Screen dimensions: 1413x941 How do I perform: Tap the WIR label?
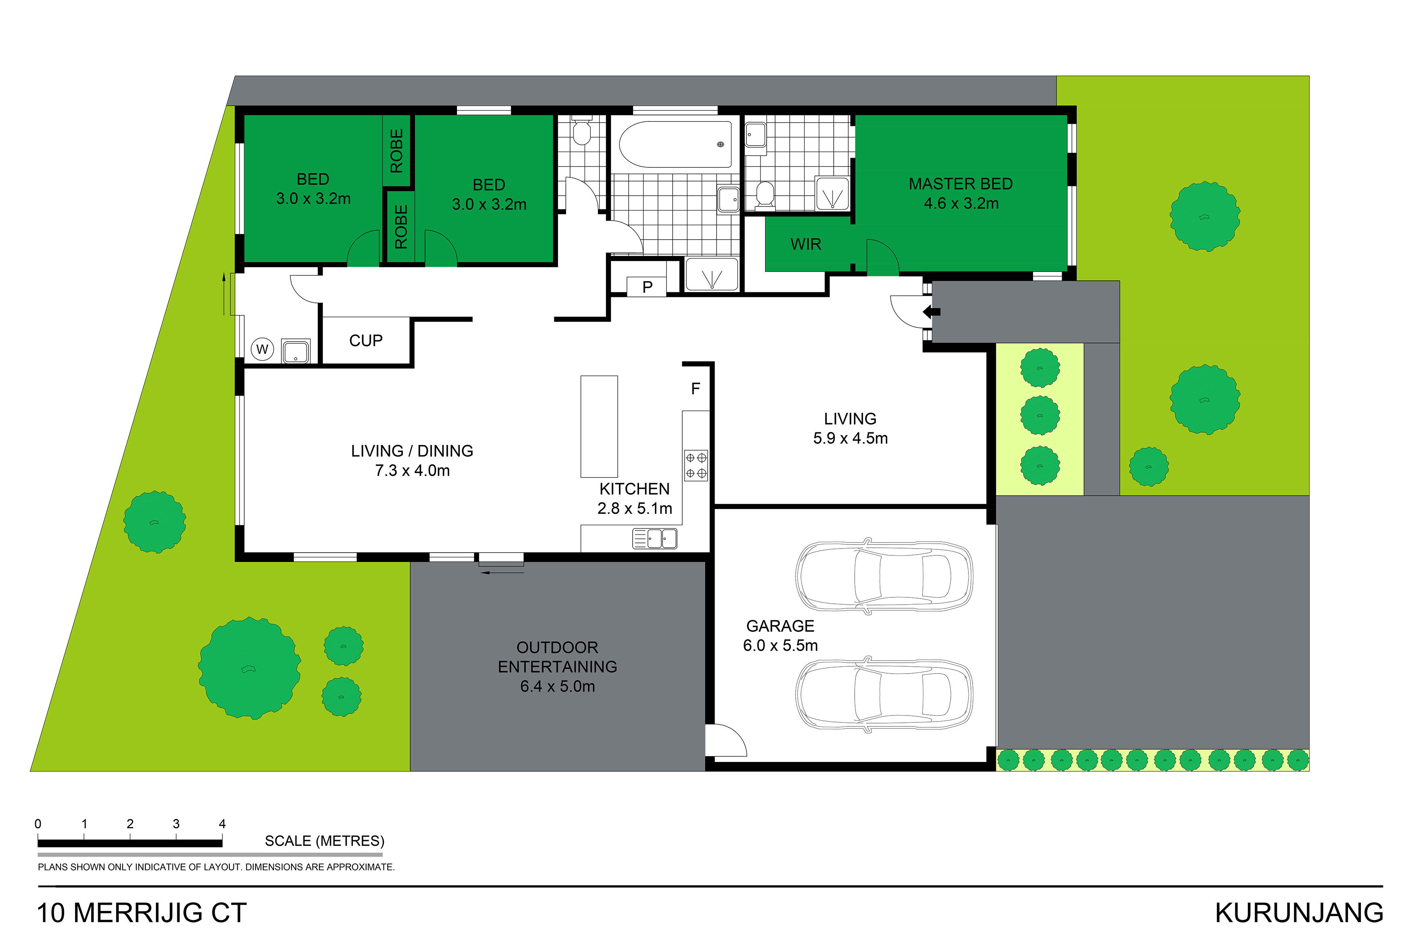coord(805,244)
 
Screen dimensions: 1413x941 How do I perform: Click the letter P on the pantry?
coord(647,287)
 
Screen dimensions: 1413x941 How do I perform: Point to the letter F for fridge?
coord(695,389)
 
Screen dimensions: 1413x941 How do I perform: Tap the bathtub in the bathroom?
coord(675,144)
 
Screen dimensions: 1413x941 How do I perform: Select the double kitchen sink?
coord(654,538)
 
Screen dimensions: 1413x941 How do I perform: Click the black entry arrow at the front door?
coord(931,311)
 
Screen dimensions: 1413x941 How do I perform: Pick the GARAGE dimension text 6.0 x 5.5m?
coord(780,645)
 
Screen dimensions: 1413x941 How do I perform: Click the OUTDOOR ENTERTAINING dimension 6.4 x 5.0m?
coord(557,686)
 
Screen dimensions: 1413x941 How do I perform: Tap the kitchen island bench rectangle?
coord(599,426)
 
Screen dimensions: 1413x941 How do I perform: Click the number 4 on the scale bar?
coord(222,823)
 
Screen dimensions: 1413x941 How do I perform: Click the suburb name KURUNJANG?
coord(1299,913)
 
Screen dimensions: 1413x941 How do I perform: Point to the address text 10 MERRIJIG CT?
coord(142,913)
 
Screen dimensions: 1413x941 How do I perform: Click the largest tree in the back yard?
coord(249,668)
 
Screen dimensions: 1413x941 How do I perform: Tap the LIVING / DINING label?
coord(412,451)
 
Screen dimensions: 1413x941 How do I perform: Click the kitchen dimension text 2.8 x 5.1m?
coord(634,508)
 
